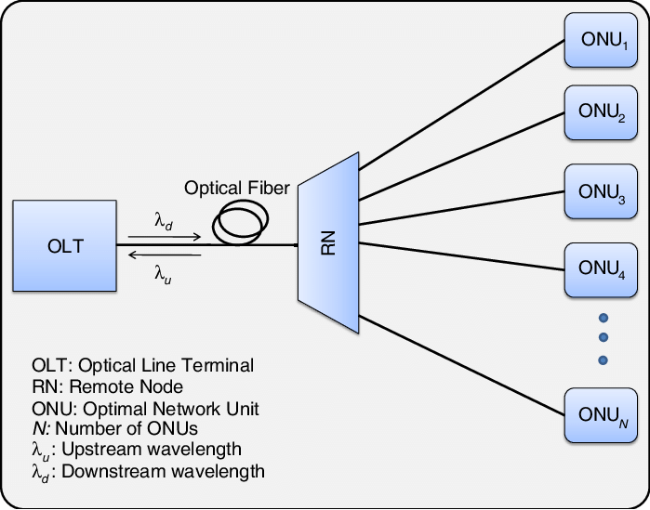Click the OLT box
coord(65,245)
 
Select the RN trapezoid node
coord(328,242)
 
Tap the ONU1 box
coord(602,41)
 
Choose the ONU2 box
coord(602,114)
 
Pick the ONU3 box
coord(602,192)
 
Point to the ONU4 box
coord(602,269)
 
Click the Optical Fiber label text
coord(237,189)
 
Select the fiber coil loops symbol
coord(241,220)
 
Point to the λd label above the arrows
coord(164,221)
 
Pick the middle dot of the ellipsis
coord(603,336)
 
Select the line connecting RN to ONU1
coord(460,106)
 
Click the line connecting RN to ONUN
coord(460,361)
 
